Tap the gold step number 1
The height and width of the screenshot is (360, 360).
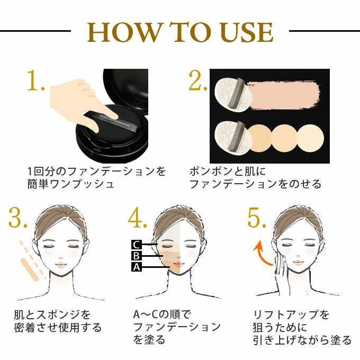(34, 80)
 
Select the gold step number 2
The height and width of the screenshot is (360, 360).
(197, 80)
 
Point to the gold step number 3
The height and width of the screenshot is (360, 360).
(17, 218)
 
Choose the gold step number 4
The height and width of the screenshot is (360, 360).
(137, 218)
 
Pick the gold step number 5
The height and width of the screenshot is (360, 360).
(256, 218)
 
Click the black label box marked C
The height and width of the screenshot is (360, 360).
(137, 245)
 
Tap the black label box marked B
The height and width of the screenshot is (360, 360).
(137, 256)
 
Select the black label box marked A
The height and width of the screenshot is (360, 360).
(137, 267)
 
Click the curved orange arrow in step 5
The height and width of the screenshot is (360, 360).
(261, 253)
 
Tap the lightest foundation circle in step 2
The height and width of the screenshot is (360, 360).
(310, 138)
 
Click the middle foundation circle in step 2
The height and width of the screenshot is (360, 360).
(284, 138)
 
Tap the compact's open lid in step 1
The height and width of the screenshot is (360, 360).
(126, 90)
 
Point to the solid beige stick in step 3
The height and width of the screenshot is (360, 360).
(30, 270)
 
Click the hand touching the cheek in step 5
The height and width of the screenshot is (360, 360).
(281, 273)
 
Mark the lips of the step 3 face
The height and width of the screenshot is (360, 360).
(61, 265)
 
